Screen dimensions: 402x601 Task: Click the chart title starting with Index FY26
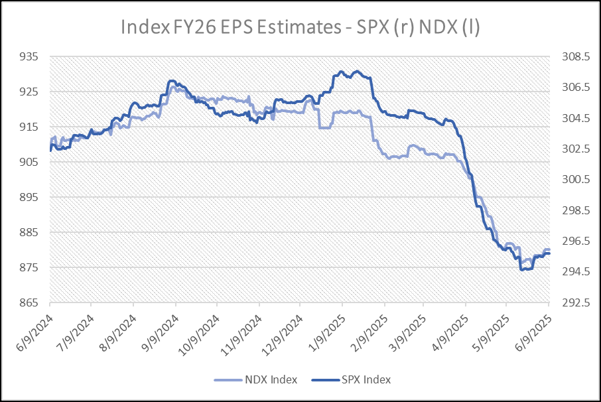coord(300,27)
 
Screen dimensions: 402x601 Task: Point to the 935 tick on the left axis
coord(31,57)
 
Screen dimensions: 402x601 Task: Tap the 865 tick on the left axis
coord(31,303)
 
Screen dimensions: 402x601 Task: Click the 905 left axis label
coord(31,163)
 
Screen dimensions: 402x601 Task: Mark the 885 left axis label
coord(31,233)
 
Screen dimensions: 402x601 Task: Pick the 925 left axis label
coord(31,92)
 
